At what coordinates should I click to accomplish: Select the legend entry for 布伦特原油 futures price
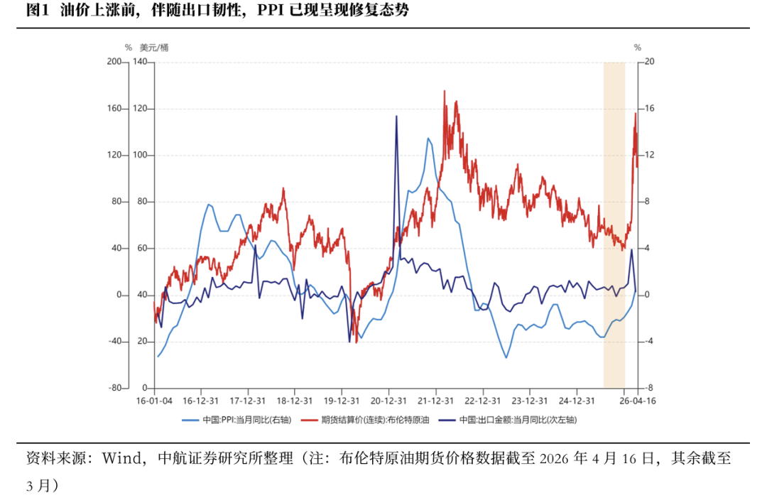click(x=375, y=420)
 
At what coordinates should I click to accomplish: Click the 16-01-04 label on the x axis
click(x=154, y=401)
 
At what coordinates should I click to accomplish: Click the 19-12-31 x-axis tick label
click(x=342, y=401)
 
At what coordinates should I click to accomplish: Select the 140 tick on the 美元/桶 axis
click(x=140, y=62)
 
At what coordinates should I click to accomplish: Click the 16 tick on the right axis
click(x=648, y=109)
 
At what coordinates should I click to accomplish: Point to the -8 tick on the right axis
click(x=648, y=389)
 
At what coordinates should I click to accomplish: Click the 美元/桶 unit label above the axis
click(x=154, y=48)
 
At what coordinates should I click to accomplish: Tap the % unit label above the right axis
click(x=637, y=48)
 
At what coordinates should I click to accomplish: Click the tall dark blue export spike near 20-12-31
click(x=396, y=117)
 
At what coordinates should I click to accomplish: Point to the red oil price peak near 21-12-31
click(x=445, y=92)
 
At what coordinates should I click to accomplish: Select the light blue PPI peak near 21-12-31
click(x=428, y=139)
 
